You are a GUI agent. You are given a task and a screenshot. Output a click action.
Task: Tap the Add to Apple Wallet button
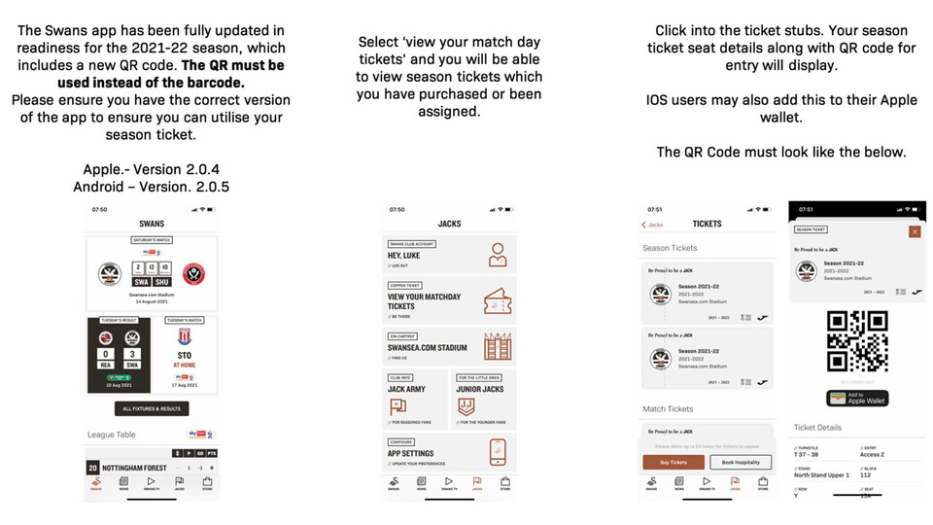856,398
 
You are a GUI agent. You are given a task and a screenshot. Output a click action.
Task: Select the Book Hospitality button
741,463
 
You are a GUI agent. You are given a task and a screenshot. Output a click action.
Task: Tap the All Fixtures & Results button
151,408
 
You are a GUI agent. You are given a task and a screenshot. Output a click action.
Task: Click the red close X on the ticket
914,231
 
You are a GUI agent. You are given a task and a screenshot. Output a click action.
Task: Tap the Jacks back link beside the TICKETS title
652,225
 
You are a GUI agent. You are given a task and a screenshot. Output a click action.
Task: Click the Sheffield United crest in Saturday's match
194,273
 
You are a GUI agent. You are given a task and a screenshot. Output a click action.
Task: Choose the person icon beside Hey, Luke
498,255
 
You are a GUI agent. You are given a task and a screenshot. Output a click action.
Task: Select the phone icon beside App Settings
498,451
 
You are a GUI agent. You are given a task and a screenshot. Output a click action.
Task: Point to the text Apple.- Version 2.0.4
151,169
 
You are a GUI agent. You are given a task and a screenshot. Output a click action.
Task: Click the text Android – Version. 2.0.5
151,186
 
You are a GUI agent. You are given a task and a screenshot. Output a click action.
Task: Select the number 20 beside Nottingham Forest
92,468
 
